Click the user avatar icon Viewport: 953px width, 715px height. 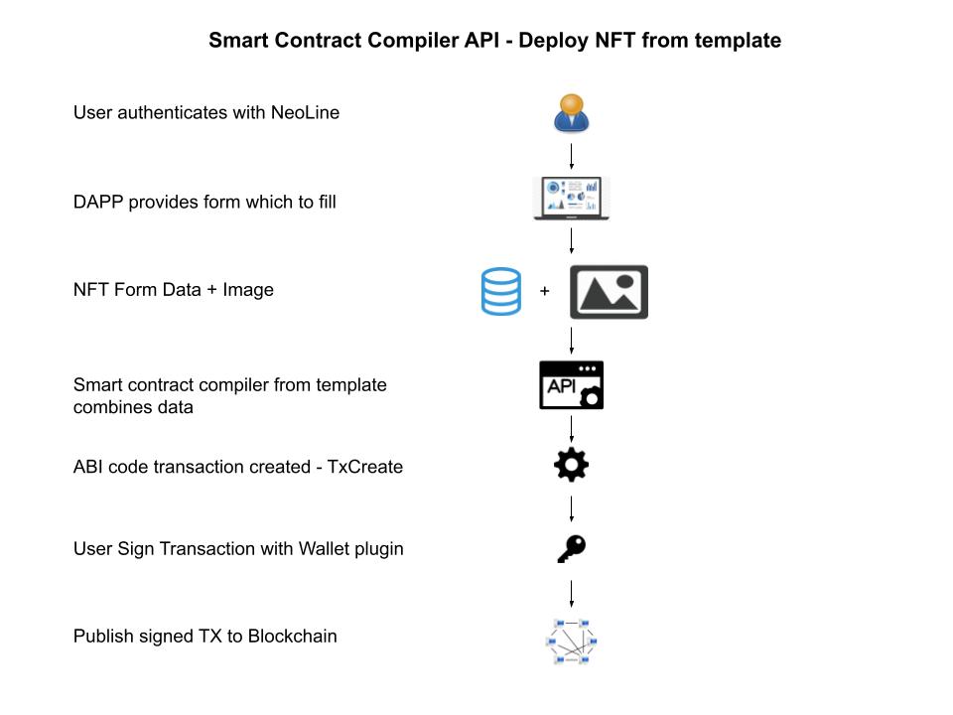point(572,113)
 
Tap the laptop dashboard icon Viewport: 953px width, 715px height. point(572,199)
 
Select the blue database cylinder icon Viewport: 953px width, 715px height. point(500,291)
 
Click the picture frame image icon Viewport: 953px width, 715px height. point(609,292)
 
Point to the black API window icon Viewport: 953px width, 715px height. point(572,385)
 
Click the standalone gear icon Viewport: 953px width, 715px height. point(572,465)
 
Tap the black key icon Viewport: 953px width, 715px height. point(572,548)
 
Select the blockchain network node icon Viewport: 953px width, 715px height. point(572,642)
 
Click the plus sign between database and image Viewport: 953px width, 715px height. point(545,291)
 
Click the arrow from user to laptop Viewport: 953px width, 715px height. point(572,156)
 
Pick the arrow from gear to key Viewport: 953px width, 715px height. point(572,508)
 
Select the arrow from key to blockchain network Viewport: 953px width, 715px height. point(572,594)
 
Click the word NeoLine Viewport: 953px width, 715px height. point(305,112)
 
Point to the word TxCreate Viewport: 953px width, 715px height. point(365,467)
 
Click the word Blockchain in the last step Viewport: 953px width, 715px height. point(292,636)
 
